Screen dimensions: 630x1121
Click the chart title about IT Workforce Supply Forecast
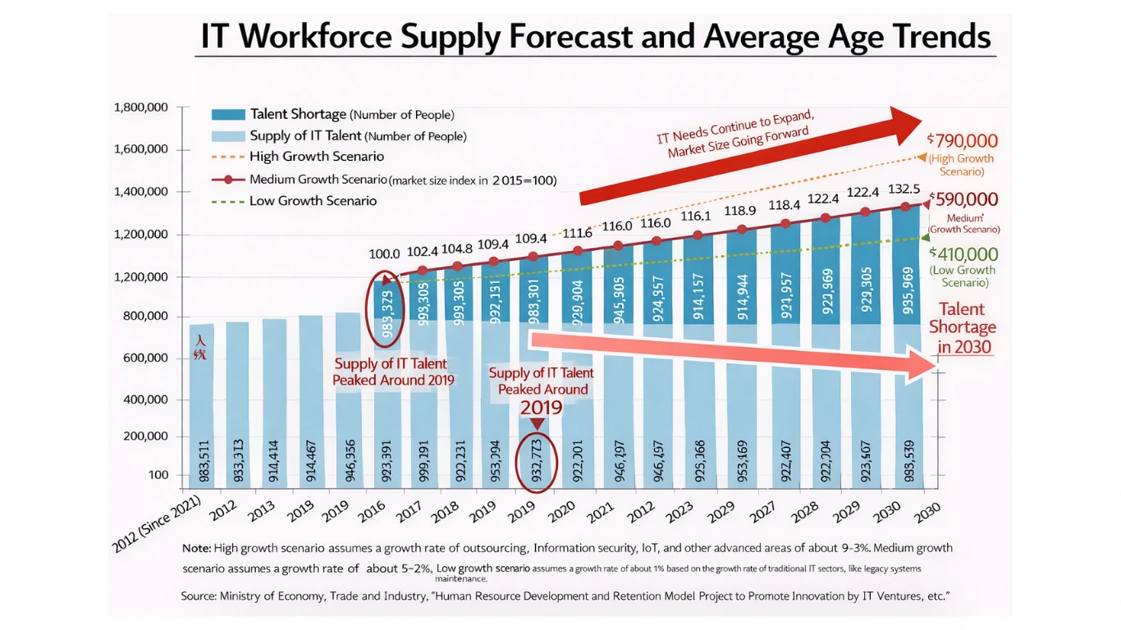(x=595, y=36)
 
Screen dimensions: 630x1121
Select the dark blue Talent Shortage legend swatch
(x=228, y=115)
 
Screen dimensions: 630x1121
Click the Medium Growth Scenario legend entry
(x=318, y=180)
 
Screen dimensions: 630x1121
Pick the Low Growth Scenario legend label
(x=313, y=201)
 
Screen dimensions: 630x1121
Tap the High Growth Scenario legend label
(x=316, y=157)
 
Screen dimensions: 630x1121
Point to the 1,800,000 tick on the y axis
(x=141, y=107)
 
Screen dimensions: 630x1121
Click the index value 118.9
(x=742, y=212)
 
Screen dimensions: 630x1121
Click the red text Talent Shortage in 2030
(x=962, y=328)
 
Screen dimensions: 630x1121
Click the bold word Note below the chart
(x=195, y=548)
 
